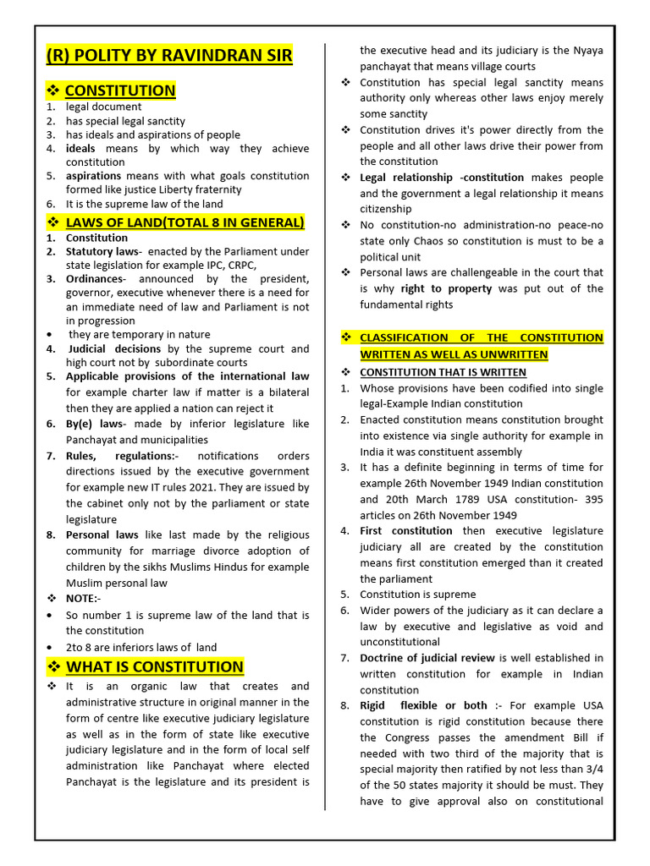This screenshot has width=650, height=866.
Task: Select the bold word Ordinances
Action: point(95,278)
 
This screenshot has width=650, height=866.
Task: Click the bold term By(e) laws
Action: point(95,424)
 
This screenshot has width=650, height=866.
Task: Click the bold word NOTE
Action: point(83,598)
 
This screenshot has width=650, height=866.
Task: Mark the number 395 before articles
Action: point(593,499)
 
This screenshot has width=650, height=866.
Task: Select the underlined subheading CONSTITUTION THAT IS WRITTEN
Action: point(443,372)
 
